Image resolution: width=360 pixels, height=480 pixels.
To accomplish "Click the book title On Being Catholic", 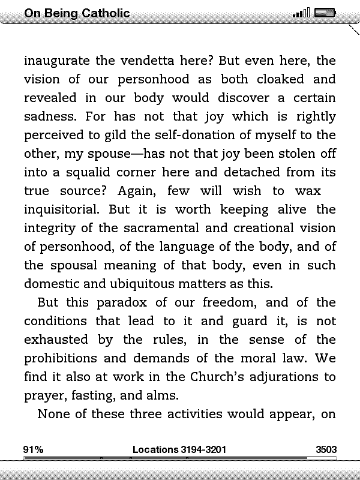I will click(77, 13).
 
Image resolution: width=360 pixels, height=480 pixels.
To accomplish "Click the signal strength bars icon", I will click(301, 13).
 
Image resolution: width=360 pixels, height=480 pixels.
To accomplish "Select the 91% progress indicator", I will click(33, 449).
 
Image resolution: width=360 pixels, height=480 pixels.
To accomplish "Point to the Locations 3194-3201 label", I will click(179, 449).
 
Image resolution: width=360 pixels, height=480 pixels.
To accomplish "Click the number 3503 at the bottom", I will click(326, 449).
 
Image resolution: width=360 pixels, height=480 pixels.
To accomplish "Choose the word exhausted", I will click(59, 340).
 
